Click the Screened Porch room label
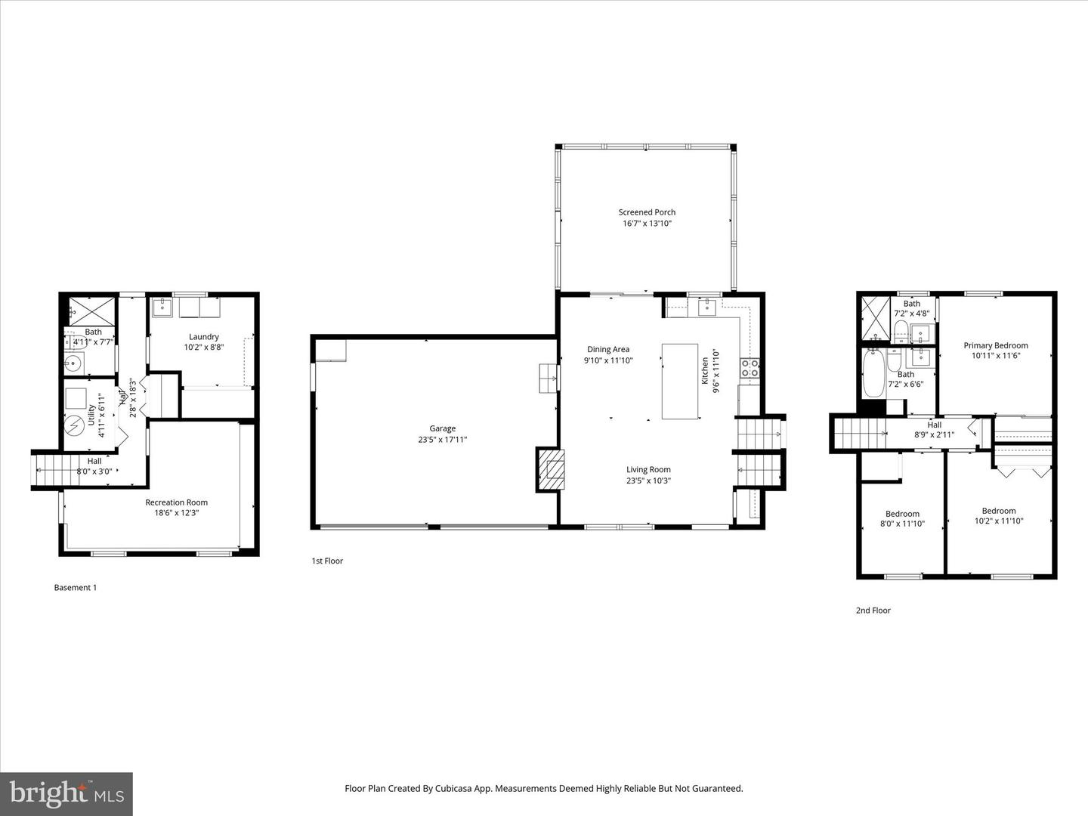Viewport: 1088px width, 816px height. (647, 212)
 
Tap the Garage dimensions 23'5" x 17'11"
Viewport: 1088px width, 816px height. (442, 440)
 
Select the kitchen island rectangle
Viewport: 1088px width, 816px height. (679, 381)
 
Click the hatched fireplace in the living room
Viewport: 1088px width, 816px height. (550, 470)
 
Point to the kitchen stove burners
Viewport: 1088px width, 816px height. (750, 368)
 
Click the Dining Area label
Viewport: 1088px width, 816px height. (608, 349)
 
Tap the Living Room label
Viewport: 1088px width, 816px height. (648, 469)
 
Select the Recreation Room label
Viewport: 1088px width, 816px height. (176, 502)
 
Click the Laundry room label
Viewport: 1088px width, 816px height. (204, 337)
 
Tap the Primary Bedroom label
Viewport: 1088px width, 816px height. (995, 345)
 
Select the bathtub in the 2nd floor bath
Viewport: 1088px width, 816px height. (873, 373)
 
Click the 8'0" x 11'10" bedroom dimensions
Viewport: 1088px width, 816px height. (902, 524)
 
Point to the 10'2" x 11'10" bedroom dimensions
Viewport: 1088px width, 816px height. (998, 521)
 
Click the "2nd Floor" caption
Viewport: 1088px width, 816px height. (873, 610)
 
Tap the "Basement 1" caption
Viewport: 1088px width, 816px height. (76, 588)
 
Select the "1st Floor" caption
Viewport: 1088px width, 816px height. (327, 561)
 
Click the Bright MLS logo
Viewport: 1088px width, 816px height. (66, 793)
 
